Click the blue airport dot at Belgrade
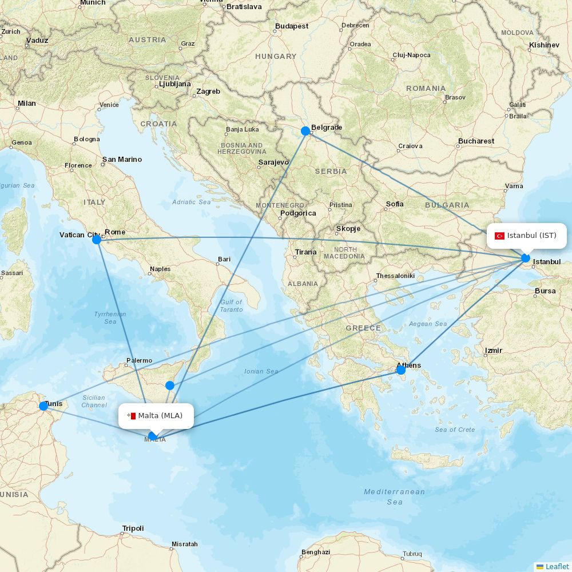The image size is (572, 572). [x=305, y=131]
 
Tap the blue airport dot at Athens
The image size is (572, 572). [x=401, y=370]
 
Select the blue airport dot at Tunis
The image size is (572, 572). [x=43, y=406]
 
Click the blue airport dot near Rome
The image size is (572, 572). [x=97, y=240]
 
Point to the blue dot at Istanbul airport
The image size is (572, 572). [x=526, y=258]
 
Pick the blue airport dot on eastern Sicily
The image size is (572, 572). [x=170, y=386]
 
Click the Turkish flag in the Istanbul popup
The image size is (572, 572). [x=499, y=236]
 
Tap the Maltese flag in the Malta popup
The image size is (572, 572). [x=132, y=416]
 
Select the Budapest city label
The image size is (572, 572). [x=291, y=26]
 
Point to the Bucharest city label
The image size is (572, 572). [x=476, y=141]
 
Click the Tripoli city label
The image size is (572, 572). [x=133, y=529]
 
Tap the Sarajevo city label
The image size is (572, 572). [x=273, y=162]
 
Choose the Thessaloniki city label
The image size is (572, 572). [x=395, y=276]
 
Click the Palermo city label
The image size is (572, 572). [x=139, y=360]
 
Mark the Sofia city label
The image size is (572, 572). [x=395, y=204]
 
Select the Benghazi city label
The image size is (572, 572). [x=316, y=552]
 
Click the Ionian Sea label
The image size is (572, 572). [x=261, y=371]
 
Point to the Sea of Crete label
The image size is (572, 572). [x=455, y=430]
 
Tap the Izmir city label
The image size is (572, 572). [x=493, y=350]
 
